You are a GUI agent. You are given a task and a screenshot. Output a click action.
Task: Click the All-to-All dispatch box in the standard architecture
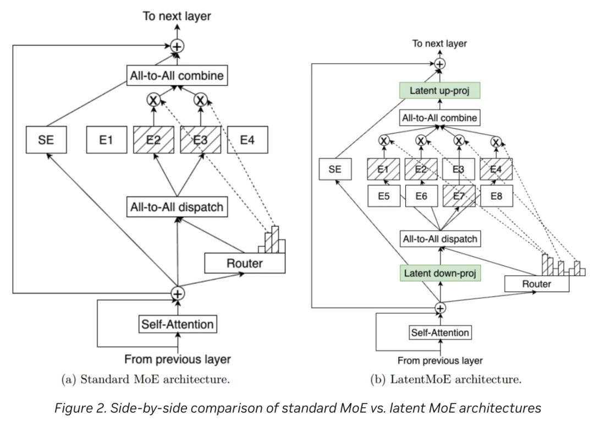tap(177, 207)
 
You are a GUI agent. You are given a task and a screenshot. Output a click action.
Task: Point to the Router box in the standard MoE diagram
tap(245, 263)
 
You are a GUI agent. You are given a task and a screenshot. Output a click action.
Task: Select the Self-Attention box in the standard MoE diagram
tap(177, 324)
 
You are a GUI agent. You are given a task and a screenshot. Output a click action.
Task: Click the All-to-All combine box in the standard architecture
tap(177, 75)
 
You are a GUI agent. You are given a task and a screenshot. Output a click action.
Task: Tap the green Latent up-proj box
tap(439, 90)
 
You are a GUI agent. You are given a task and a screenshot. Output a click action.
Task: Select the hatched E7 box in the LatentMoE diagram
tap(459, 195)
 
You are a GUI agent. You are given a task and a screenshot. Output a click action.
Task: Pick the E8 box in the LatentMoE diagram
tap(496, 195)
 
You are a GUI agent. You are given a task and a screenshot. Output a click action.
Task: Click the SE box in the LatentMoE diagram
tap(335, 169)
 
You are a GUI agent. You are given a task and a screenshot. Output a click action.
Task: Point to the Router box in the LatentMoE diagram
tap(536, 283)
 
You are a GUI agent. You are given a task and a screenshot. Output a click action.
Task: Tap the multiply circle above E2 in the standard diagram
tap(153, 100)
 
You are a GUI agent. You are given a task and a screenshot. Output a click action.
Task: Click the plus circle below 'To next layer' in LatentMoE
tap(439, 64)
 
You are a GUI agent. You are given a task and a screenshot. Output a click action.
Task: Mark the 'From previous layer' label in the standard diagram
tap(177, 359)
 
